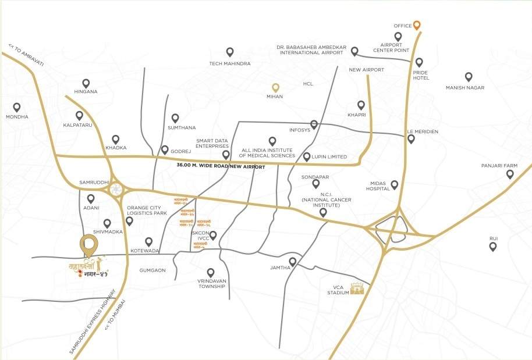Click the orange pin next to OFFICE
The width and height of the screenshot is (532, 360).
tap(417, 25)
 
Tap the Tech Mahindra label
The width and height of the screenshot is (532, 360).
tap(230, 63)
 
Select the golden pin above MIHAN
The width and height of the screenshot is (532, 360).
tap(275, 88)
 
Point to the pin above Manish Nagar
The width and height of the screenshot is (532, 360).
tap(468, 77)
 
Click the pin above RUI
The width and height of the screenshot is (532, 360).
tap(493, 246)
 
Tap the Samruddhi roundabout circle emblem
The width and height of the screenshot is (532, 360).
tap(117, 188)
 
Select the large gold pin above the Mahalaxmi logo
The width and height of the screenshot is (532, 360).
tap(89, 244)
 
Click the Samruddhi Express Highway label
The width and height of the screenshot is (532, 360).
tap(87, 326)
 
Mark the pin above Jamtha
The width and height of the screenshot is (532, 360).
tap(293, 262)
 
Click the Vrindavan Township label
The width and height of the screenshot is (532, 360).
tap(211, 283)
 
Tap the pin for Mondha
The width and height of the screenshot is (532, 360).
tap(17, 107)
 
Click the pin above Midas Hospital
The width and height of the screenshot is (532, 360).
tap(394, 185)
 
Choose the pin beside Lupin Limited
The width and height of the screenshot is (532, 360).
tap(307, 157)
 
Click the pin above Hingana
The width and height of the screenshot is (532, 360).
tap(86, 83)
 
